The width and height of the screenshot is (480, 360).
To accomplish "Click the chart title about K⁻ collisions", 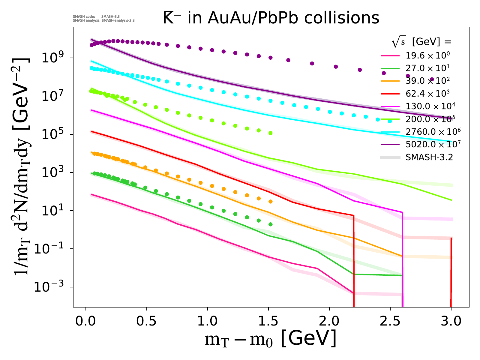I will (x=271, y=18).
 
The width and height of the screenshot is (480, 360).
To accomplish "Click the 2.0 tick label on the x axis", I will (x=329, y=321).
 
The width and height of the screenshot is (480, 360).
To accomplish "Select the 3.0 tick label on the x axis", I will (x=451, y=321).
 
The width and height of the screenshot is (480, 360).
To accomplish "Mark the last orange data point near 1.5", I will (x=271, y=201).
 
